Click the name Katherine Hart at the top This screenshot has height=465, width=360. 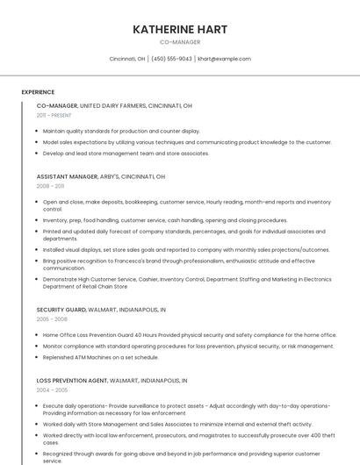180,29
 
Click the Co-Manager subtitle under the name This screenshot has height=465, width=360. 180,42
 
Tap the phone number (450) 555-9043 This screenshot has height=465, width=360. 171,59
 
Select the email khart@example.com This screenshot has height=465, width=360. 224,59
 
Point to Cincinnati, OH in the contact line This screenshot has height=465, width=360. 127,59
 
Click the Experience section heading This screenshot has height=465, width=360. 38,92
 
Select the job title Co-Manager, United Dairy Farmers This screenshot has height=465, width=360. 114,105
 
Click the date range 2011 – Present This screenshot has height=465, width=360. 54,115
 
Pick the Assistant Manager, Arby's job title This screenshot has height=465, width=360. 100,176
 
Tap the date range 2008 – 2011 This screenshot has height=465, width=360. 50,186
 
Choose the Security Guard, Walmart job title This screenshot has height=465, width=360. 101,310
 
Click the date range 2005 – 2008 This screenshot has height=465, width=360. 52,319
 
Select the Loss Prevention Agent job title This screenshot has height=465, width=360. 112,381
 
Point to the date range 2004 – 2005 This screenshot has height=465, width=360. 52,390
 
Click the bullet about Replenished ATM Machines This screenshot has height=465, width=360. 101,357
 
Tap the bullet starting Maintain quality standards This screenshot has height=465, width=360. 121,131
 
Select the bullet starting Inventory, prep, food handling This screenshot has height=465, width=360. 165,220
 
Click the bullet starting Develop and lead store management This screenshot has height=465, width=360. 126,153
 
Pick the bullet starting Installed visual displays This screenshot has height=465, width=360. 186,249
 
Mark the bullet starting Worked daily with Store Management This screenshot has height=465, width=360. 177,424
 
